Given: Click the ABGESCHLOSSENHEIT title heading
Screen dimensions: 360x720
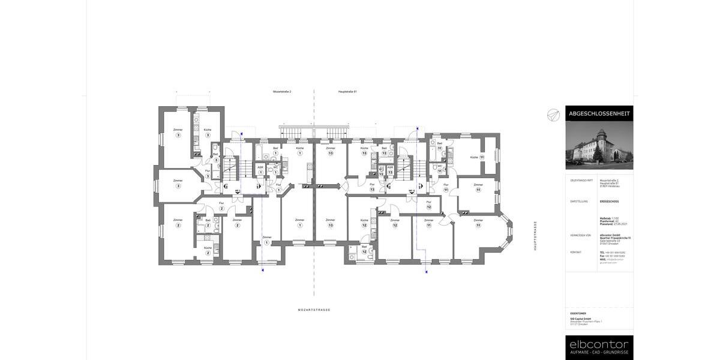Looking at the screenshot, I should pos(599,113).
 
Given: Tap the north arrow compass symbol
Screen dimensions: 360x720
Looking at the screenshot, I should pos(553,115).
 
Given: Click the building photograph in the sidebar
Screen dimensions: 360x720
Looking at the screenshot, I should pos(599,145).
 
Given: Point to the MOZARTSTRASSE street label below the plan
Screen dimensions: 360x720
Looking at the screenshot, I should pos(314,310).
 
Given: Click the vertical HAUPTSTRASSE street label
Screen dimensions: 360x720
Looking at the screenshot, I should pos(536,235).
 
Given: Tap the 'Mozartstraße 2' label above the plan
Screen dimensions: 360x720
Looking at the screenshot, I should pos(282,92).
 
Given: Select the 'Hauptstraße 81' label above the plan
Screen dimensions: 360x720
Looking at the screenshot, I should pos(347,92).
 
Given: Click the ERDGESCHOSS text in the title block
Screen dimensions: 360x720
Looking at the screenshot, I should pos(608,202).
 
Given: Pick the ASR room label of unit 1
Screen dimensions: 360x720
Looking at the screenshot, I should pos(260,167).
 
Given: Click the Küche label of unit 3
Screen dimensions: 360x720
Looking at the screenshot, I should pos(208,130).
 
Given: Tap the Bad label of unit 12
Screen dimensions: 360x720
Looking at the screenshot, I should pos(364,247).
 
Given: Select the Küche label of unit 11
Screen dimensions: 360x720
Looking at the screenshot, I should pos(474,157).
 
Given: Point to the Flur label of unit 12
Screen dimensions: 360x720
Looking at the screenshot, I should pos(428,202).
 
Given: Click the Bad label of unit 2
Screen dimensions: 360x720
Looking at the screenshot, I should pos(208,220).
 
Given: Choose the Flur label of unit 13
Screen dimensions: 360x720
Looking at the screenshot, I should pos(372,185).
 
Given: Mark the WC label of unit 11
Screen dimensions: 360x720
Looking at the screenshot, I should pos(439,167).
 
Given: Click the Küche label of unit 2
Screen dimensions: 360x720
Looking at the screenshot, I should pos(208,248).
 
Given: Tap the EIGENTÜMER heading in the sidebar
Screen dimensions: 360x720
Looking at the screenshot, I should pos(578,313).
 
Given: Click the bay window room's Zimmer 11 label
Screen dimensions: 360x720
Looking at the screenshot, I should pos(478,221).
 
